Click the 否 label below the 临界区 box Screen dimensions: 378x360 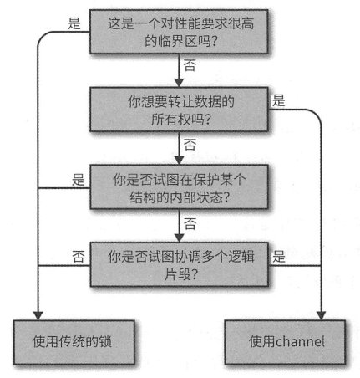coord(191,64)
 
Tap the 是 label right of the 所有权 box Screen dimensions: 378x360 coord(278,100)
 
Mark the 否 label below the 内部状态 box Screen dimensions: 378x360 coord(191,222)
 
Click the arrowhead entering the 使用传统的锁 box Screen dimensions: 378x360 coord(38,311)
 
